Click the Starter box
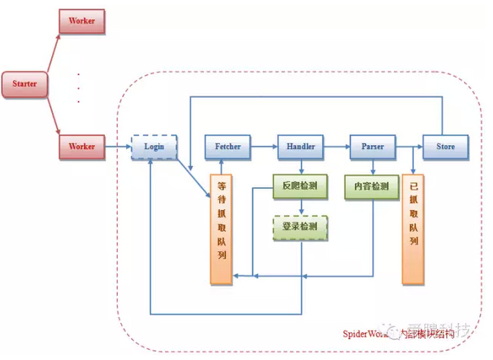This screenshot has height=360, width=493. [x=24, y=85]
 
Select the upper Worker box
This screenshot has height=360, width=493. [x=81, y=21]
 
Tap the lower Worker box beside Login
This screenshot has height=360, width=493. [x=81, y=146]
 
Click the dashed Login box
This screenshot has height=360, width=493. [x=154, y=146]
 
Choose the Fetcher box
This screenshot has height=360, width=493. [x=227, y=146]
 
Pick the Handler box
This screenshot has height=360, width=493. [x=300, y=146]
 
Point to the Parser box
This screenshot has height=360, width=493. [x=372, y=146]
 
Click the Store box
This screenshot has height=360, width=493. [x=444, y=146]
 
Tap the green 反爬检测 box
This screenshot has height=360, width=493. [x=300, y=187]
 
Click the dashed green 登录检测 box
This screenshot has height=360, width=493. [x=300, y=227]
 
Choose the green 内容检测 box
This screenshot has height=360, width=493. [x=372, y=187]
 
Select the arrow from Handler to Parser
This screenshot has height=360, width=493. [x=336, y=146]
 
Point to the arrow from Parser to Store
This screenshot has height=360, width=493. [x=408, y=146]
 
